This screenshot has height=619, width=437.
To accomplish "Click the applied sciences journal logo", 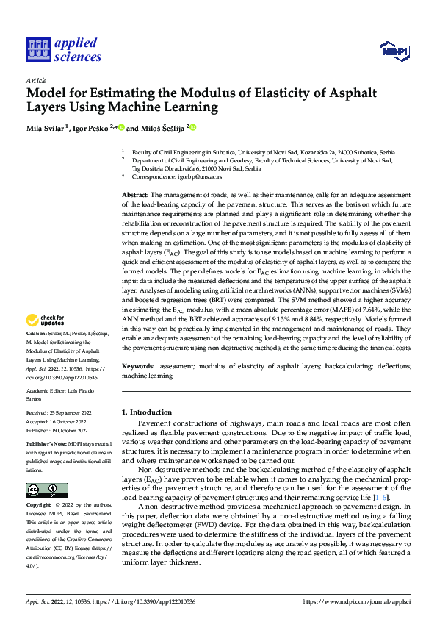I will click(x=63, y=50).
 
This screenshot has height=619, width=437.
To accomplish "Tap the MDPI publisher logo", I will click(x=393, y=49).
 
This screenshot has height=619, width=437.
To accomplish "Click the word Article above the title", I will click(x=36, y=80).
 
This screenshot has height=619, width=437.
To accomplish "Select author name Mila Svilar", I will click(x=45, y=128).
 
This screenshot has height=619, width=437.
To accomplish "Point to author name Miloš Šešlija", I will click(x=162, y=128).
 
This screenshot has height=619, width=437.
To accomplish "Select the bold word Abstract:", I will click(x=136, y=193).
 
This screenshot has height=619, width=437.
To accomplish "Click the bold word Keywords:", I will click(x=138, y=365).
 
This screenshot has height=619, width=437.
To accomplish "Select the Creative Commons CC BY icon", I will click(x=46, y=490).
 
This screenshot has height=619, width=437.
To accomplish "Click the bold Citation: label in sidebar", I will click(x=37, y=354).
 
